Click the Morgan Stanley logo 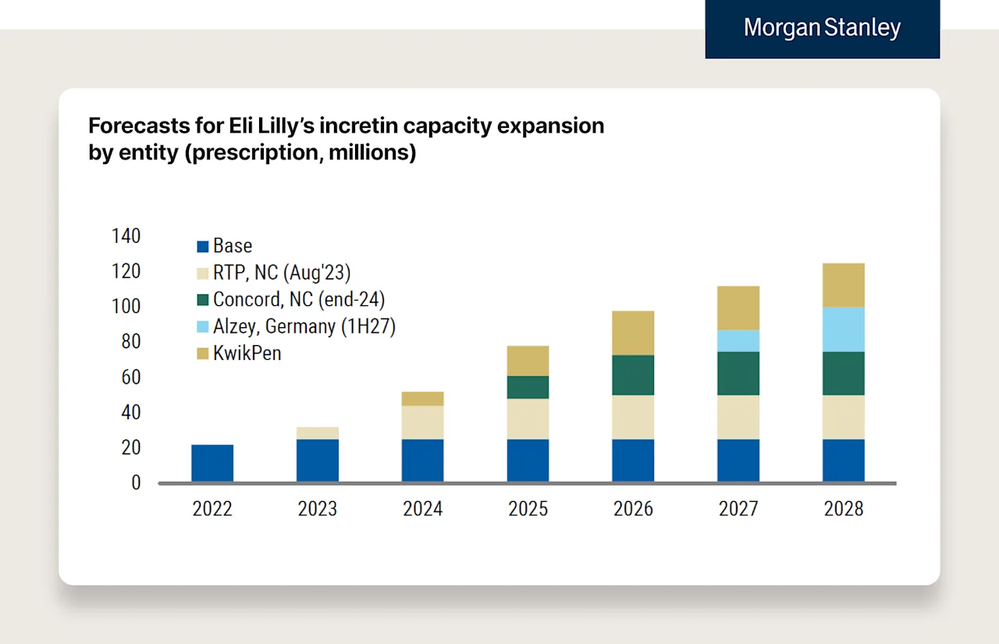822,28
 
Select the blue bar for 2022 212,463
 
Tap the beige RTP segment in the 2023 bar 318,433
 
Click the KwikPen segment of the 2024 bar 422,399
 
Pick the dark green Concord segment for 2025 528,387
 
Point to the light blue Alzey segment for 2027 738,341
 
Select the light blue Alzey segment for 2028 843,329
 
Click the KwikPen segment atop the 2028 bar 843,286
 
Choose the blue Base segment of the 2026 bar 633,461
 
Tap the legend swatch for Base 203,247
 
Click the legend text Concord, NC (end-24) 299,299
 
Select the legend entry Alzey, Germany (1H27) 304,326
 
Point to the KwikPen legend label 247,353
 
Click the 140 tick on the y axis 126,236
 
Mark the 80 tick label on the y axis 130,342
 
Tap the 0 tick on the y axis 136,483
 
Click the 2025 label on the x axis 528,509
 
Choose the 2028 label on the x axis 843,509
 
